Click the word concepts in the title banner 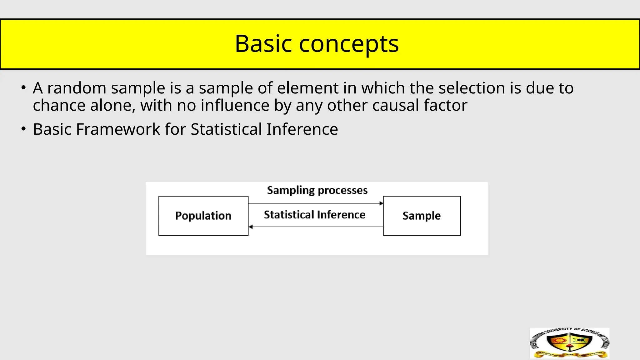click(349, 44)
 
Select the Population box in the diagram click(203, 216)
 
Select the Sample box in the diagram click(422, 216)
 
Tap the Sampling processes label click(317, 190)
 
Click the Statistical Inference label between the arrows click(314, 215)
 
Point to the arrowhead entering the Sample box click(381, 203)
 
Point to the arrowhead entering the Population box click(251, 227)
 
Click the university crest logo click(569, 343)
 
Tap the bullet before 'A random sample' click(23, 88)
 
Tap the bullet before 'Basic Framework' click(23, 129)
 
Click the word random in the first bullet click(77, 88)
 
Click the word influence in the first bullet click(235, 105)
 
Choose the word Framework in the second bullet click(118, 129)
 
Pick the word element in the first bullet click(307, 88)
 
